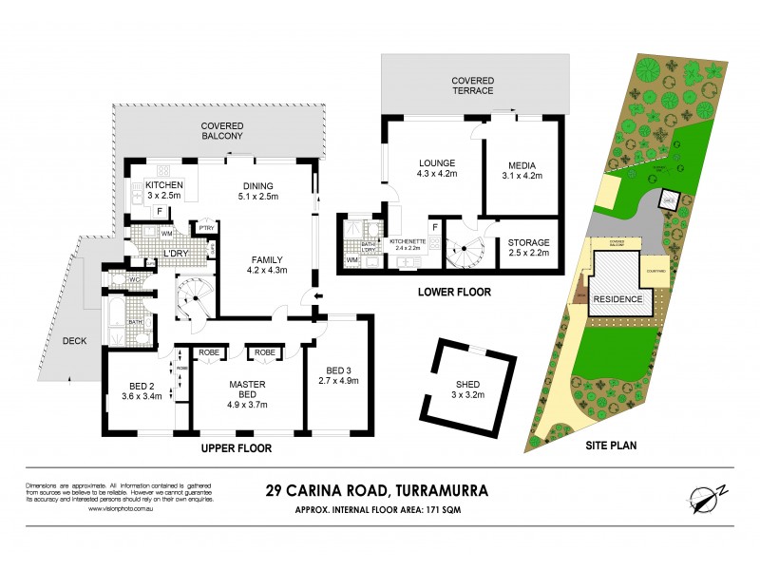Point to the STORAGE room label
pyautogui.click(x=529, y=242)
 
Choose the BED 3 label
pyautogui.click(x=339, y=370)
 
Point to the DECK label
pyautogui.click(x=75, y=339)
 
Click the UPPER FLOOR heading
pyautogui.click(x=237, y=447)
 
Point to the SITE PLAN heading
pyautogui.click(x=610, y=444)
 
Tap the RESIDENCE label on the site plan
pyautogui.click(x=618, y=299)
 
